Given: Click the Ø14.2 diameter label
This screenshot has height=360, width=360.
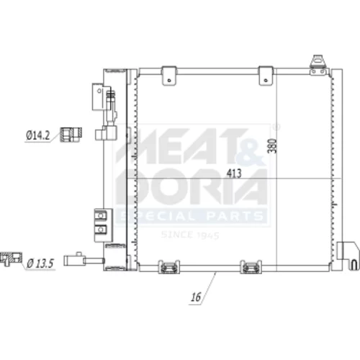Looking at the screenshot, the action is point(37,135).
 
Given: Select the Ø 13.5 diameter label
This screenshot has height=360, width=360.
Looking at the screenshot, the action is point(40,264).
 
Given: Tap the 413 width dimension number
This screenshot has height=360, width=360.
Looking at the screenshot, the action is point(234,173).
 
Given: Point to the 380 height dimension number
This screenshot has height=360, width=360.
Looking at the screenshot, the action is point(272,145).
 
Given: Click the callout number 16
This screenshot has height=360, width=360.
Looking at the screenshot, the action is point(196,297).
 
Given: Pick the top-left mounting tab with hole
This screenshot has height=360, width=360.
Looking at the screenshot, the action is point(169,76).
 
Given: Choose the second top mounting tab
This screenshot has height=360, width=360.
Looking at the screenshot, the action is point(266,76).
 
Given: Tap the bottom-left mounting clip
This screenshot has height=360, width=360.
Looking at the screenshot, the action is point(169,266).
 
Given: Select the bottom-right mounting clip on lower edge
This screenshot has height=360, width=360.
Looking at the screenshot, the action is point(251,266).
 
